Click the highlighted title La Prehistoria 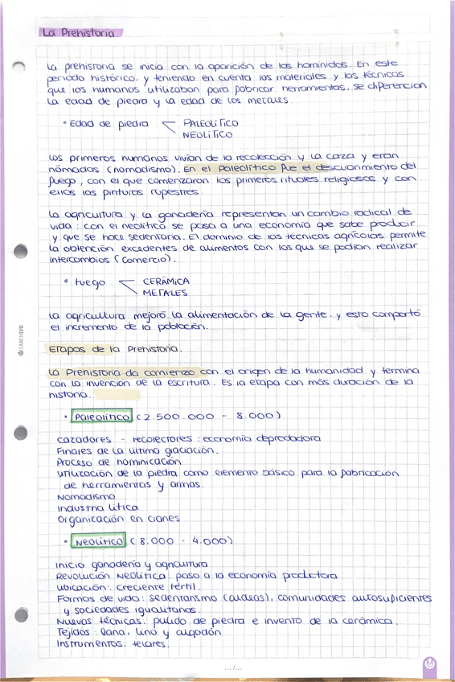coord(80,33)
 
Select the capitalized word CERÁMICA coord(166,282)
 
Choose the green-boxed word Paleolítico coord(101,417)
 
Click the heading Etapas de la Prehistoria coord(115,351)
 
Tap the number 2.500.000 coord(178,417)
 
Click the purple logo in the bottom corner coord(432,664)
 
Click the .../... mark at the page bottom coord(234,668)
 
